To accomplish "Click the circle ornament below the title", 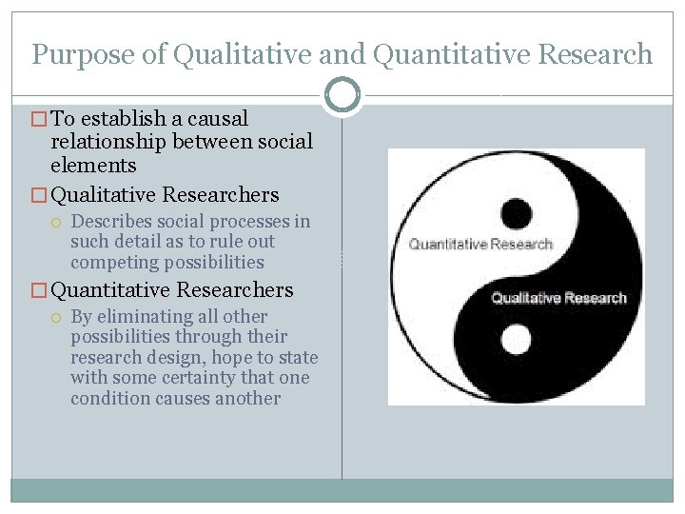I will coord(342,94).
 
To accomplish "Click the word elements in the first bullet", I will coord(93,165).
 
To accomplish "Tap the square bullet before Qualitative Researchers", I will coord(39,196).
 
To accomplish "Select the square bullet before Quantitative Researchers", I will coord(39,290).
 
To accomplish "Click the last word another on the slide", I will coord(248,397).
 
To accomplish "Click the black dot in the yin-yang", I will coord(514,212).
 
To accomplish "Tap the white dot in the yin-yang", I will coord(515,339).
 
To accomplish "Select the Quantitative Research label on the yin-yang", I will coord(480,245).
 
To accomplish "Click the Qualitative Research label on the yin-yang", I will coord(558,298).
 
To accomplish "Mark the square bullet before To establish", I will coord(39,120).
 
